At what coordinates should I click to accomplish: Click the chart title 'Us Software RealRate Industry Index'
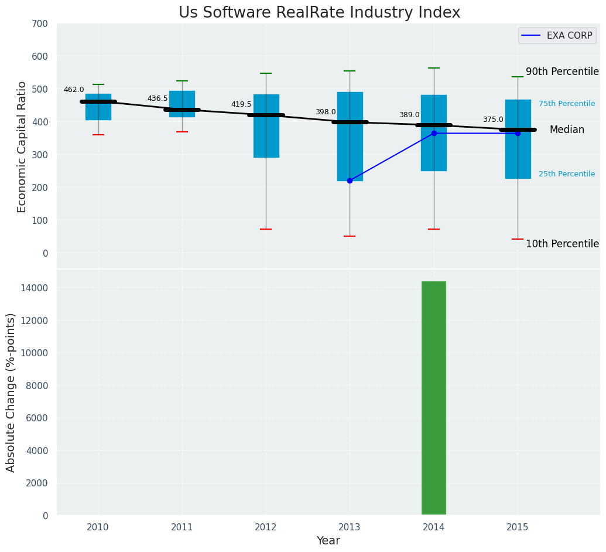(x=319, y=13)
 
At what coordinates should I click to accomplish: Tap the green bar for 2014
(x=434, y=398)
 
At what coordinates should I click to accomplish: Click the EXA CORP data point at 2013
(x=350, y=180)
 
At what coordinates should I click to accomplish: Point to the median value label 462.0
(x=74, y=90)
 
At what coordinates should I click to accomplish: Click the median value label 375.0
(x=493, y=120)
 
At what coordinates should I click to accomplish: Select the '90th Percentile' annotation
(x=562, y=71)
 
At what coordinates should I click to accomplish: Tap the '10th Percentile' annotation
(x=562, y=244)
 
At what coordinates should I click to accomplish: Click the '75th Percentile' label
(x=567, y=104)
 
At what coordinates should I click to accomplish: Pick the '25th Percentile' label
(x=567, y=174)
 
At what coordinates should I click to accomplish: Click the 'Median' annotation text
(x=567, y=130)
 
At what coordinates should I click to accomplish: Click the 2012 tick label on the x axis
(x=266, y=527)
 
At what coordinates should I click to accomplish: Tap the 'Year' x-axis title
(x=328, y=541)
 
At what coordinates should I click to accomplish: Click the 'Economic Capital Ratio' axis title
(x=22, y=146)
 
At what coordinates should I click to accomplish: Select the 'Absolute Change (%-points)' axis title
(x=11, y=392)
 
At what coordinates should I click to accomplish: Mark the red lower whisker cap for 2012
(x=266, y=229)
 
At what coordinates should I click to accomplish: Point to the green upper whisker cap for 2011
(x=182, y=81)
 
